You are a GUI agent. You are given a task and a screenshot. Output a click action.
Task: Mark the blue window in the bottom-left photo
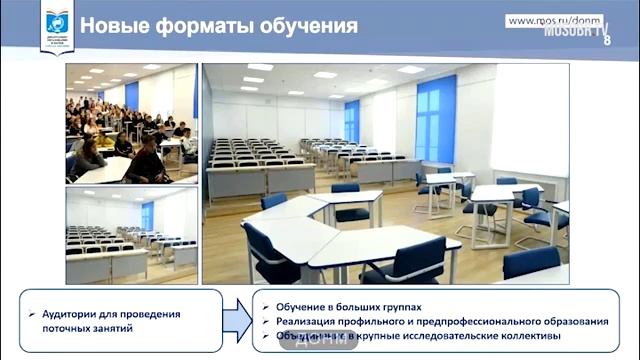pyautogui.click(x=147, y=215)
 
